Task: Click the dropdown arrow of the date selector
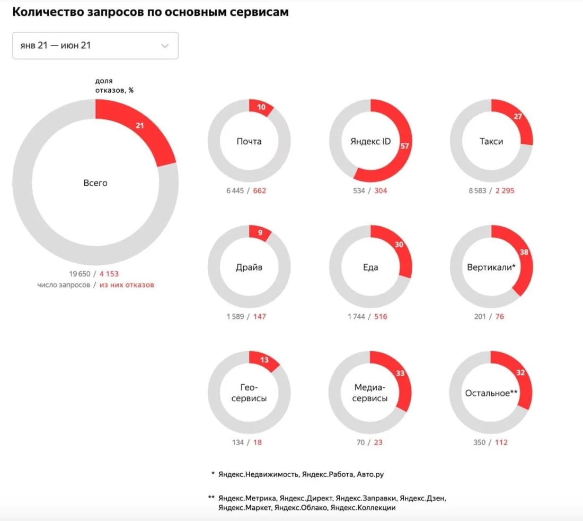(165, 46)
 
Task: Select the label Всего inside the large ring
(95, 183)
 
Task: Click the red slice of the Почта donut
(261, 108)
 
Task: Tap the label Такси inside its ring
(491, 142)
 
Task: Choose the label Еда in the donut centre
(370, 267)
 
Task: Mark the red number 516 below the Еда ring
(381, 317)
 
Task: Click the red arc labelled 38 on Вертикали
(523, 255)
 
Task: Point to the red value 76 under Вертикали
(500, 317)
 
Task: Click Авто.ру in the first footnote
(370, 474)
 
